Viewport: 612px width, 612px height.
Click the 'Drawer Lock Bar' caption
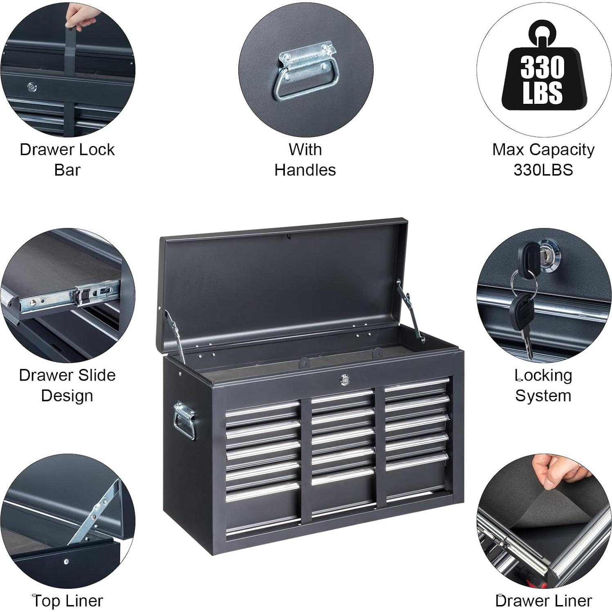[67, 159]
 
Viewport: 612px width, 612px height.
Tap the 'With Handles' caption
[305, 159]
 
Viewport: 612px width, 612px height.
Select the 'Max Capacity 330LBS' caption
[543, 159]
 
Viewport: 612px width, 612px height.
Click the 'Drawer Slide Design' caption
[67, 385]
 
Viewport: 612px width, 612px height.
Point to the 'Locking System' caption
[543, 385]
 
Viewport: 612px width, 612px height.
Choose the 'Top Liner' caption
[67, 601]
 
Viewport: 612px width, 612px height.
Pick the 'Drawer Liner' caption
[543, 601]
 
